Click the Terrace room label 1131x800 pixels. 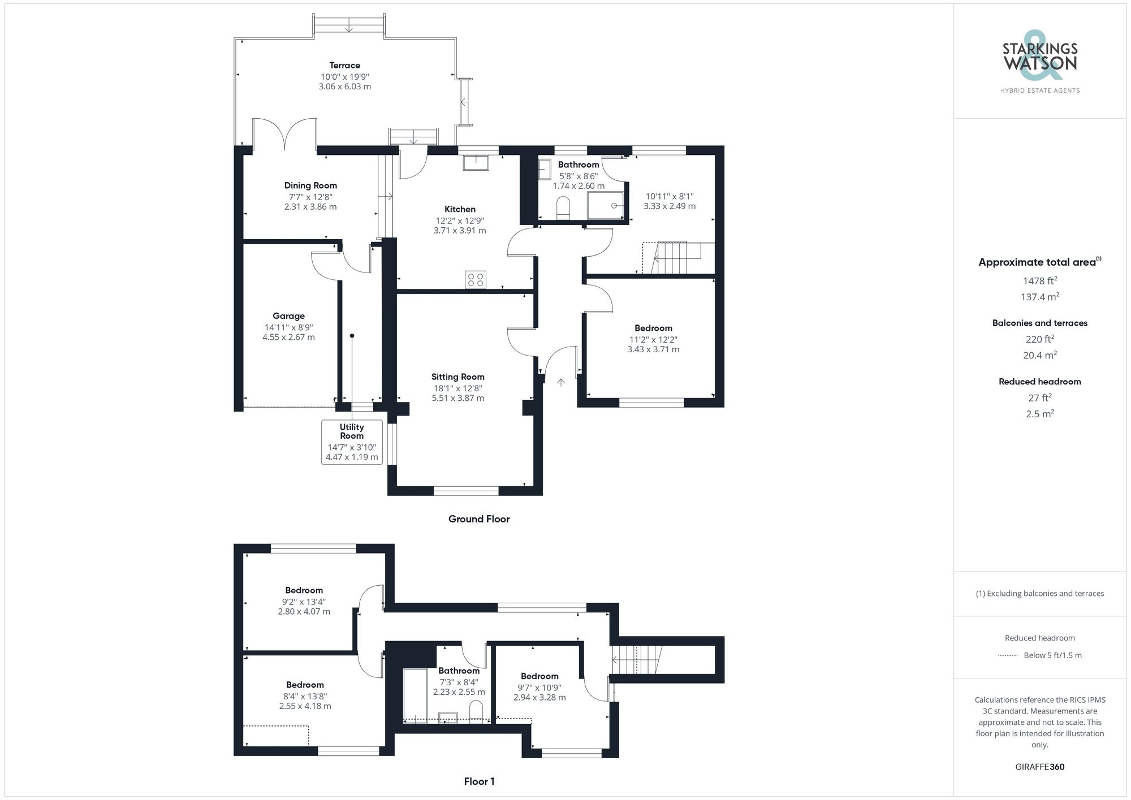pos(344,66)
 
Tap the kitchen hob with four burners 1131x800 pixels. pos(475,279)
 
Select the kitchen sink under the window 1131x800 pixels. pos(476,163)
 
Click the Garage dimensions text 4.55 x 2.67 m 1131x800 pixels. pos(288,338)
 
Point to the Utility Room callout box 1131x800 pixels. pos(352,442)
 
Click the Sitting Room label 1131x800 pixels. pos(457,377)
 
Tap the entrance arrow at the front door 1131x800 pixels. pos(560,383)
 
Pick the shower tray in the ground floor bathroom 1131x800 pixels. pos(605,205)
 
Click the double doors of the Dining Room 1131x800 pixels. pos(284,135)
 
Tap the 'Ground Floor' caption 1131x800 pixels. pos(478,519)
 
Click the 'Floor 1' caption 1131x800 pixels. pos(479,781)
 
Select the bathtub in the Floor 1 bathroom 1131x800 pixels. pos(415,695)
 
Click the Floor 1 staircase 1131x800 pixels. pos(636,659)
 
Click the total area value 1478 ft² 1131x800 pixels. pos(1039,281)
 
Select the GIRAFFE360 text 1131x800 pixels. pos(1039,767)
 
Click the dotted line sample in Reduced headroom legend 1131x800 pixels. pos(1008,656)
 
